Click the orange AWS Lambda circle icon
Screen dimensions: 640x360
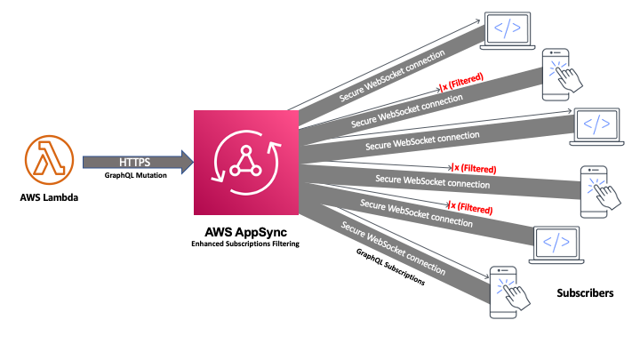(x=49, y=160)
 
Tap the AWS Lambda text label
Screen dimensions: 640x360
(x=49, y=197)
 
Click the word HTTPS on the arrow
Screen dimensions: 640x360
(x=135, y=162)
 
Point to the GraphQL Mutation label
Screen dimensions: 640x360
(x=135, y=175)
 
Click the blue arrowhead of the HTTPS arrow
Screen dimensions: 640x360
(x=187, y=162)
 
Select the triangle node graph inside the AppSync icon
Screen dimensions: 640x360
(x=245, y=162)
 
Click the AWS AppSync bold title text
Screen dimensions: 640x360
(x=245, y=232)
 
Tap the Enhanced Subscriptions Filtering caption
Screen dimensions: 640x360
(x=245, y=244)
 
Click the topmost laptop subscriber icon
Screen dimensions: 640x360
(x=508, y=30)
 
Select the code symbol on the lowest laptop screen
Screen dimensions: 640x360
(x=556, y=242)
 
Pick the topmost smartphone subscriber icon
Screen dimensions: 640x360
(x=561, y=75)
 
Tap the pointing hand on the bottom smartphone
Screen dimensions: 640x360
(x=515, y=295)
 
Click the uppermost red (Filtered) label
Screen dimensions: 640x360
(x=461, y=82)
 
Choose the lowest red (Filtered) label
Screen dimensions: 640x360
(x=470, y=207)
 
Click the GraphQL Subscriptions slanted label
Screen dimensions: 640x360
(x=390, y=267)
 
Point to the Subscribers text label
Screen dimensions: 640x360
(x=585, y=293)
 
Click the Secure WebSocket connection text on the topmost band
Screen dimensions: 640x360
(x=392, y=76)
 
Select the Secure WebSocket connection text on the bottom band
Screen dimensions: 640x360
(x=393, y=248)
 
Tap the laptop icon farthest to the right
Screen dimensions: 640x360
(x=596, y=126)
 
